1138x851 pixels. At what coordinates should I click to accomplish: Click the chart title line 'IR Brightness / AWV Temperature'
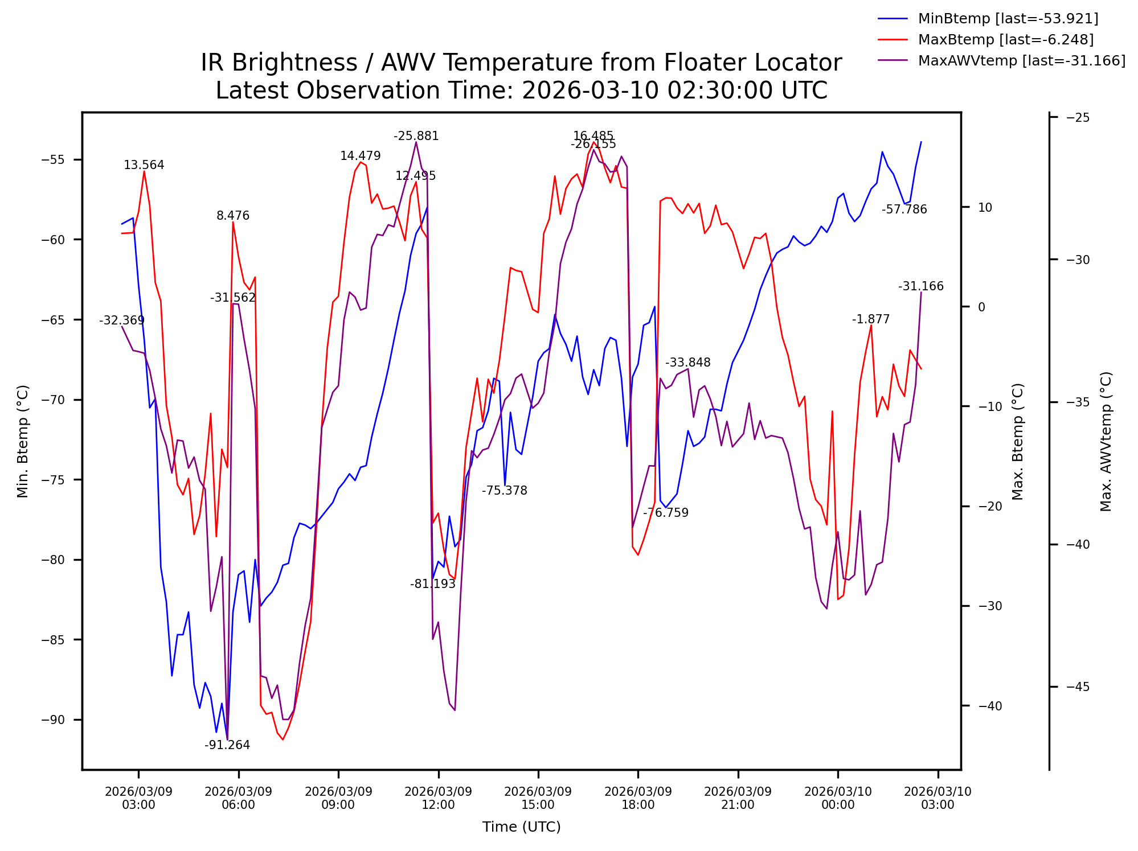tap(521, 63)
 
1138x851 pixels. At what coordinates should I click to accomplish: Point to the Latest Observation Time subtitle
tap(521, 91)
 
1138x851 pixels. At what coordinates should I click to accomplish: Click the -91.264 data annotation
tap(227, 745)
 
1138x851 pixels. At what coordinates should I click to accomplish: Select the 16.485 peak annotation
tap(593, 136)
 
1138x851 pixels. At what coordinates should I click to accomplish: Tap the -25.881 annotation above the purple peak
tap(416, 136)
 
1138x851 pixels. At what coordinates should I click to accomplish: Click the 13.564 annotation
tap(144, 165)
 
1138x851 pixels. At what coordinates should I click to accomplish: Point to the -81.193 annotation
tap(433, 584)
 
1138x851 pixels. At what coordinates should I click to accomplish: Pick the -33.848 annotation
tap(688, 363)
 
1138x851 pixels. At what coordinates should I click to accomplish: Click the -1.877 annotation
tap(871, 319)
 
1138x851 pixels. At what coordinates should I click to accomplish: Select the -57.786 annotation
tap(904, 209)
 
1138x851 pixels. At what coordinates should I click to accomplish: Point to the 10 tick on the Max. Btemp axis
tap(985, 208)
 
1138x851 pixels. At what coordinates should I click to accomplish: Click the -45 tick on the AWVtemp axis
tap(1078, 687)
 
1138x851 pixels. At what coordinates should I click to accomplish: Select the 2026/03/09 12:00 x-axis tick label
tap(438, 798)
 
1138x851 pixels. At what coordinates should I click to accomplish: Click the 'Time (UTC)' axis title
tap(521, 827)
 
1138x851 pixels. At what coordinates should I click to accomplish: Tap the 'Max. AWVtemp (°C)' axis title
tap(1106, 442)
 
